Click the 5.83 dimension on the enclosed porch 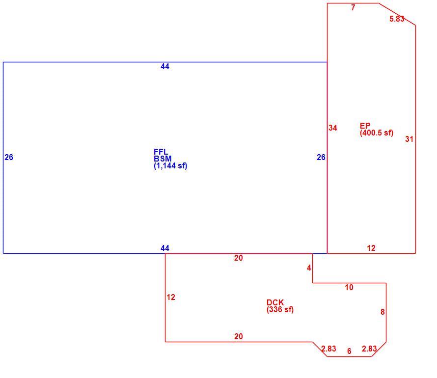coord(397,19)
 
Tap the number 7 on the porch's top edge coord(353,8)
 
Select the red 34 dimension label coord(333,128)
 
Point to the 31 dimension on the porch coord(409,139)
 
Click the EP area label coord(365,126)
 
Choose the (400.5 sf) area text coord(377,133)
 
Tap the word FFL coord(161,152)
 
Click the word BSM coord(163,159)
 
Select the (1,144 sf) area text coord(170,166)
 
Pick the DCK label coord(275,302)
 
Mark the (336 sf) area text coord(280,309)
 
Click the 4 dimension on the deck coord(309,268)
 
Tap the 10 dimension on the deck coord(349,288)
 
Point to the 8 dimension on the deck coord(382,312)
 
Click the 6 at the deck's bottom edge coord(349,351)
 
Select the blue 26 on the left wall coord(9,158)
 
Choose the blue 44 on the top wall coord(165,67)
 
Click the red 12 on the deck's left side coord(171,297)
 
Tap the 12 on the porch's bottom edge coord(371,248)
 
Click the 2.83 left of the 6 coord(328,349)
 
